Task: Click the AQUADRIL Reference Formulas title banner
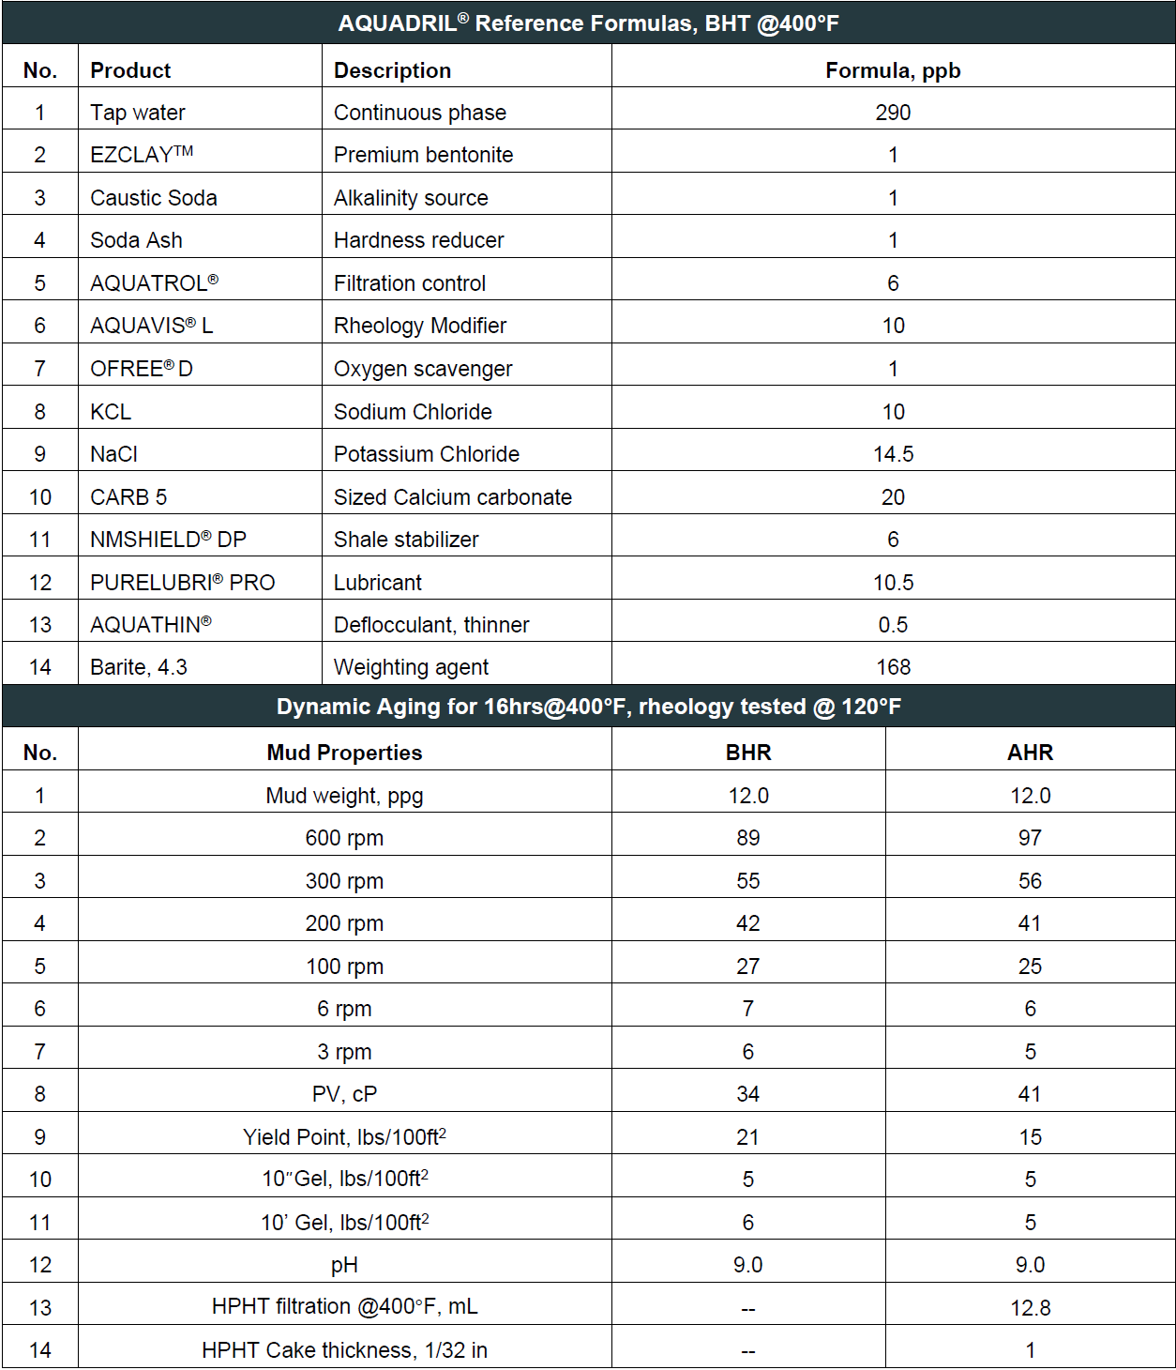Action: (x=588, y=23)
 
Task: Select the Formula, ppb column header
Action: (x=892, y=70)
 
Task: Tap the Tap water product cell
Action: (x=138, y=113)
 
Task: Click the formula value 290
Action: (x=892, y=113)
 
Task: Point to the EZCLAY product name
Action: (x=141, y=155)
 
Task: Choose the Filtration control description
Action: (x=410, y=283)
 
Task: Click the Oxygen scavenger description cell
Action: (x=423, y=369)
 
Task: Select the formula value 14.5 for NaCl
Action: (x=892, y=454)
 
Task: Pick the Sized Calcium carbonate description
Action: (x=452, y=497)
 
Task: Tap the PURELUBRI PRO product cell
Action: (x=182, y=583)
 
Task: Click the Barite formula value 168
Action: (x=892, y=667)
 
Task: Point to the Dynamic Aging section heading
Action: (x=588, y=707)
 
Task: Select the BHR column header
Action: (x=747, y=753)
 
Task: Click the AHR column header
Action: (x=1030, y=753)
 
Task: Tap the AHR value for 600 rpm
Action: (x=1030, y=838)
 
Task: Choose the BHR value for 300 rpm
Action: (x=747, y=881)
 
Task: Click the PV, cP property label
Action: (x=344, y=1094)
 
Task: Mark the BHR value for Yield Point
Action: (x=747, y=1137)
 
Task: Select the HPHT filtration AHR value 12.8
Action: (x=1030, y=1308)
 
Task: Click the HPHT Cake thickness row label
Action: (x=344, y=1350)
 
